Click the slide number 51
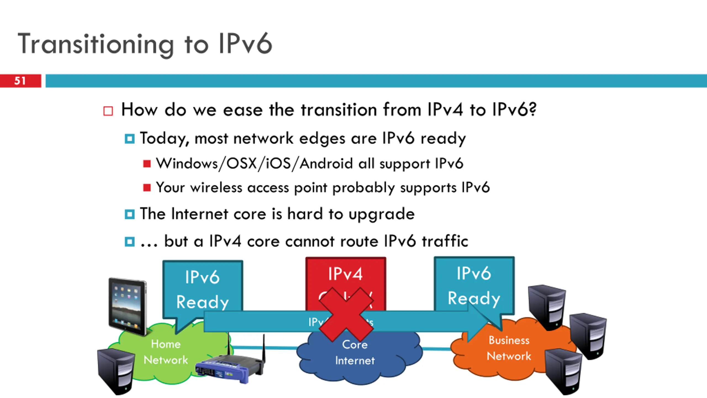point(20,81)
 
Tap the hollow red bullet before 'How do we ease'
point(108,111)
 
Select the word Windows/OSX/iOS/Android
point(254,163)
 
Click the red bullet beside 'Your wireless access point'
point(147,188)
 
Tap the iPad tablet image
point(128,306)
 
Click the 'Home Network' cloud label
point(166,352)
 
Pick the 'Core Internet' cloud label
point(355,352)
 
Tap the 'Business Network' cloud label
point(509,348)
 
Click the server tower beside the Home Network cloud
point(115,370)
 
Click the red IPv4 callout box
point(345,274)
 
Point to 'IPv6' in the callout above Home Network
point(202,277)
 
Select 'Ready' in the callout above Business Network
point(474,298)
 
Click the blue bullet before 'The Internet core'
point(130,214)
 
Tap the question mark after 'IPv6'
point(533,109)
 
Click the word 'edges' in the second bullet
point(322,138)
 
